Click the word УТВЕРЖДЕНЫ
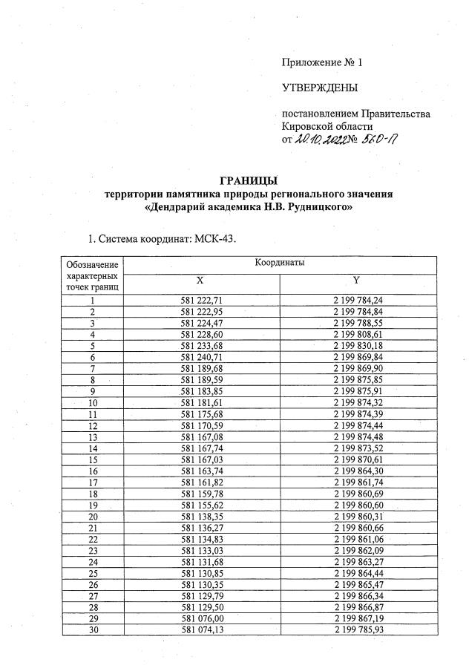coord(320,88)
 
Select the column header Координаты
coord(280,263)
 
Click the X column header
coord(200,281)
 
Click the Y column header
coord(357,281)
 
